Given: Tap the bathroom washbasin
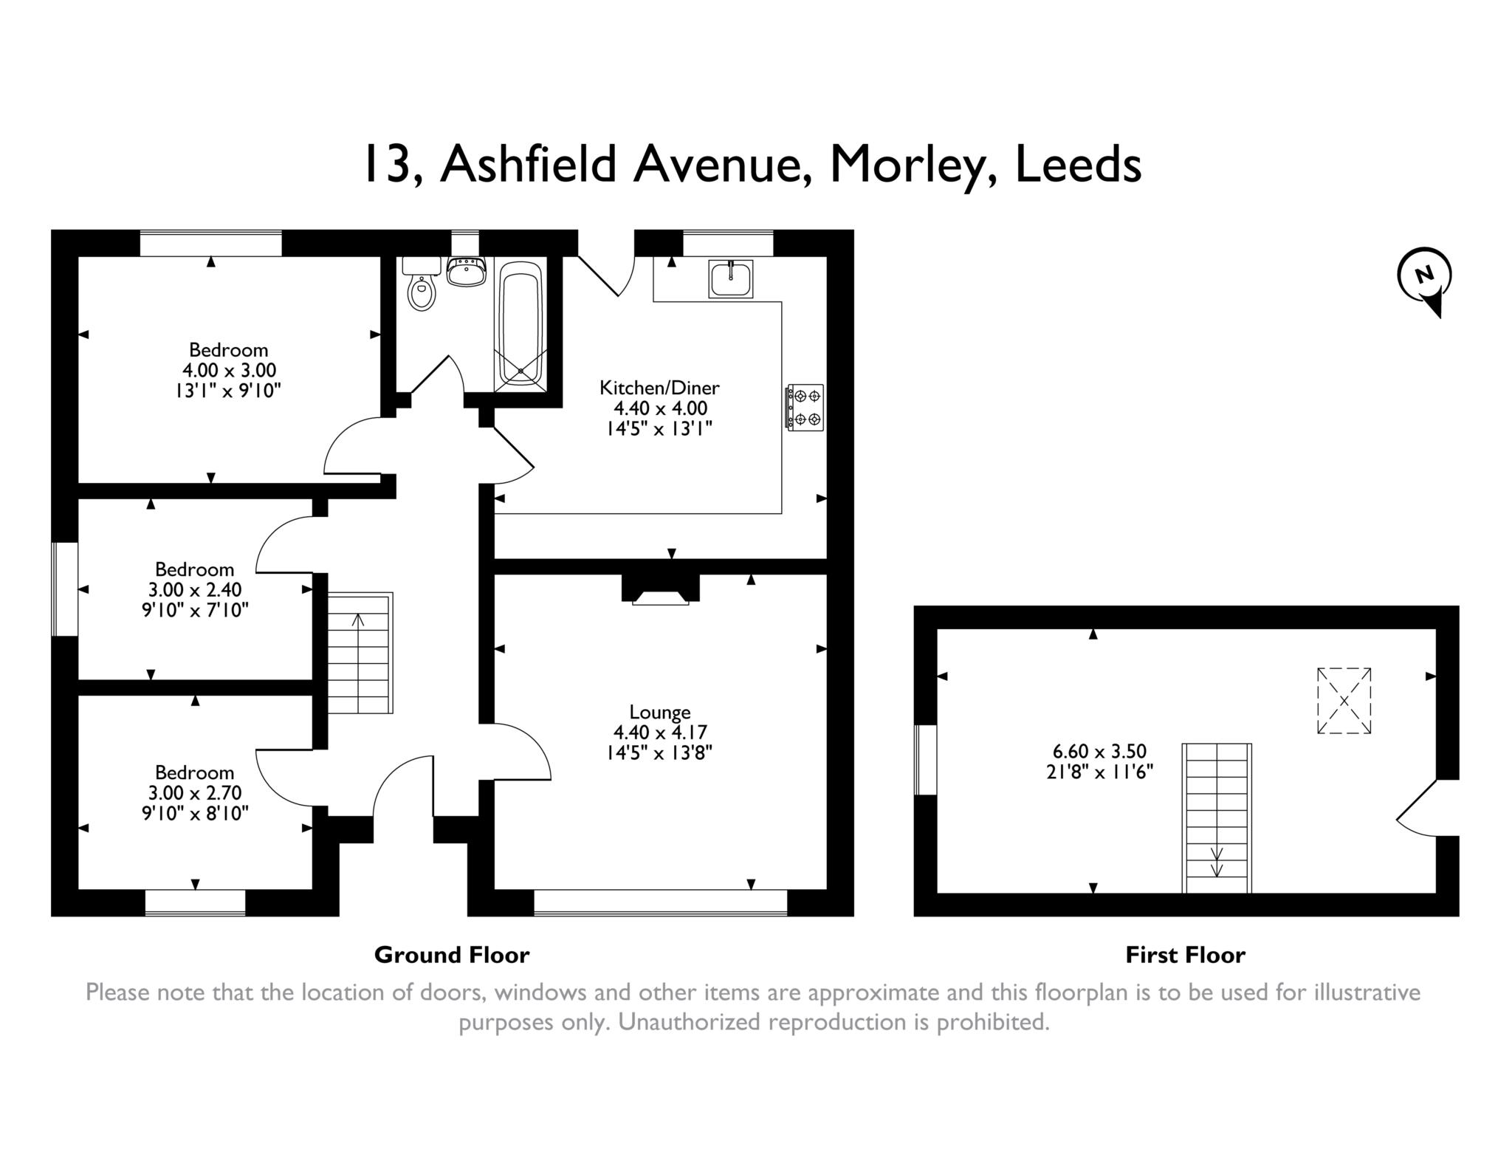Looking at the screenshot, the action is (x=467, y=271).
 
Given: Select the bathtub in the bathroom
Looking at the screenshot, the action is (x=521, y=325).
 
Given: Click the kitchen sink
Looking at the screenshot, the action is (x=731, y=278).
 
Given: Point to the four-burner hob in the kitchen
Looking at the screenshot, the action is (x=805, y=408).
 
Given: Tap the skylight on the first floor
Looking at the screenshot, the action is (x=1344, y=701).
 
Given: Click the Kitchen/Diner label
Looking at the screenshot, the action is (x=659, y=387).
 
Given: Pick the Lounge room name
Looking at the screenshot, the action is (x=660, y=712).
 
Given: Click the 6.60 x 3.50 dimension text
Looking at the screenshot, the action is (x=1099, y=752).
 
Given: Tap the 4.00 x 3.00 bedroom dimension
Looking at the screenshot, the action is (x=230, y=370).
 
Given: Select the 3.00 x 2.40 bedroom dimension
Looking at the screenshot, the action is (x=195, y=590).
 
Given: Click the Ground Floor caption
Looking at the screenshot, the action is (x=452, y=956).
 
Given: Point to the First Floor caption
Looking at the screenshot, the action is (x=1185, y=956).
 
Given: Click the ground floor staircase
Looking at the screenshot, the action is (x=360, y=653).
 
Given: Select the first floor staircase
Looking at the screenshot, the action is (x=1217, y=818).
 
